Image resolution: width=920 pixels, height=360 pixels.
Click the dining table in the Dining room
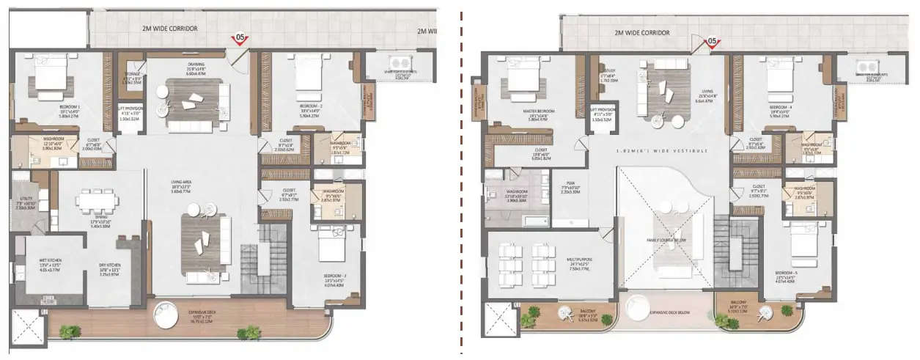pyautogui.click(x=93, y=199)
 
